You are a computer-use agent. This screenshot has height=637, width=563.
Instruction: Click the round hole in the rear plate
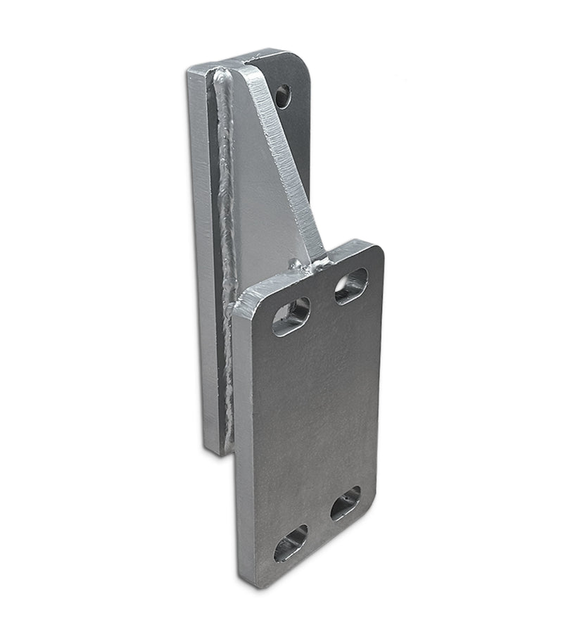pyautogui.click(x=282, y=96)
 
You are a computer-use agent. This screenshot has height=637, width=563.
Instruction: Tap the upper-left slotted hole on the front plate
pyautogui.click(x=291, y=316)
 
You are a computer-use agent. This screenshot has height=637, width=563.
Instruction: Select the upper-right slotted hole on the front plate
pyautogui.click(x=351, y=285)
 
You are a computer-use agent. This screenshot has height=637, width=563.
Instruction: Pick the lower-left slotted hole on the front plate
pyautogui.click(x=291, y=543)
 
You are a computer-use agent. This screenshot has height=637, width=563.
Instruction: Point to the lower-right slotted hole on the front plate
pyautogui.click(x=346, y=503)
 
